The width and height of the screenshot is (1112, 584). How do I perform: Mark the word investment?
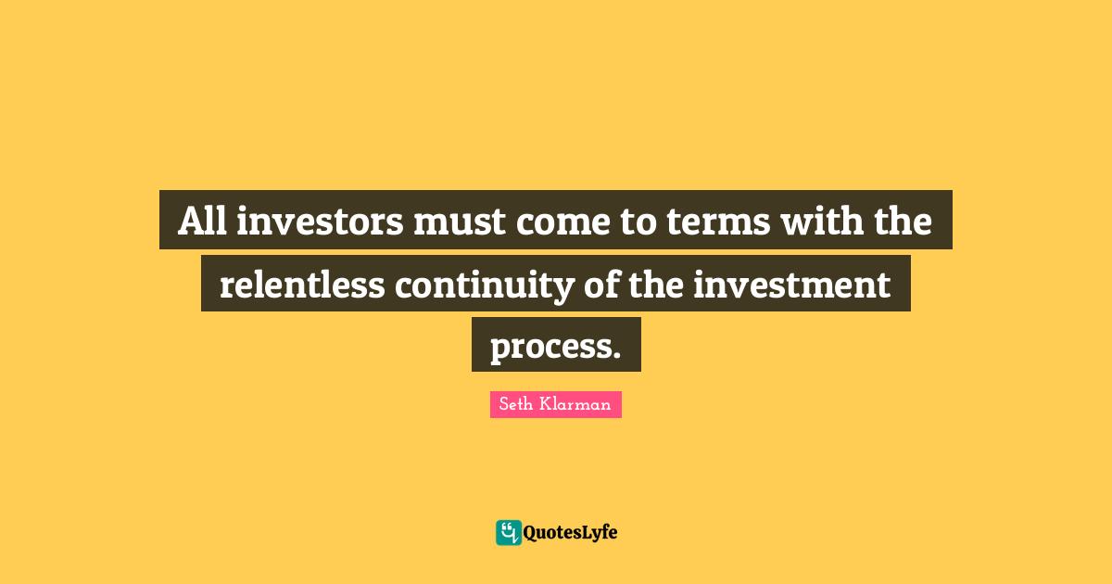(793, 285)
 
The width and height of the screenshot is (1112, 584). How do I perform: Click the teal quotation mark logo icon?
(508, 532)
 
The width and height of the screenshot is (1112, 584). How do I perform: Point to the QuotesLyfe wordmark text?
(570, 533)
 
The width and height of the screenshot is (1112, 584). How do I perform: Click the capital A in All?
(189, 222)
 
